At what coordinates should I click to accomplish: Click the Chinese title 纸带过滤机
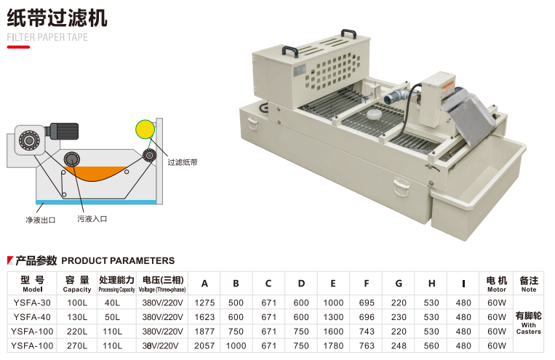[57, 17]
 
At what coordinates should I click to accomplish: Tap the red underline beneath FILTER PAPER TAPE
[18, 47]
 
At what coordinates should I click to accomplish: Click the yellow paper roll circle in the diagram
[145, 130]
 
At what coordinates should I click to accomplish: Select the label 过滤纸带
[183, 162]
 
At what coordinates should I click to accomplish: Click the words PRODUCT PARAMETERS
[118, 260]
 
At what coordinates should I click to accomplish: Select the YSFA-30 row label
[33, 302]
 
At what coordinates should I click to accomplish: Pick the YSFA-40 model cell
[33, 317]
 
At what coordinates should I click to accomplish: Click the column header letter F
[367, 284]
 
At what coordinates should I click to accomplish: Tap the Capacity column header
[77, 284]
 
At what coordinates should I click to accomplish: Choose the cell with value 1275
[204, 302]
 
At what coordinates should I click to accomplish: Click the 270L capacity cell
[77, 345]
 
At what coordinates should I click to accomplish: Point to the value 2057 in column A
[204, 345]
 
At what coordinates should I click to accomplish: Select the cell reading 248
[399, 345]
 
